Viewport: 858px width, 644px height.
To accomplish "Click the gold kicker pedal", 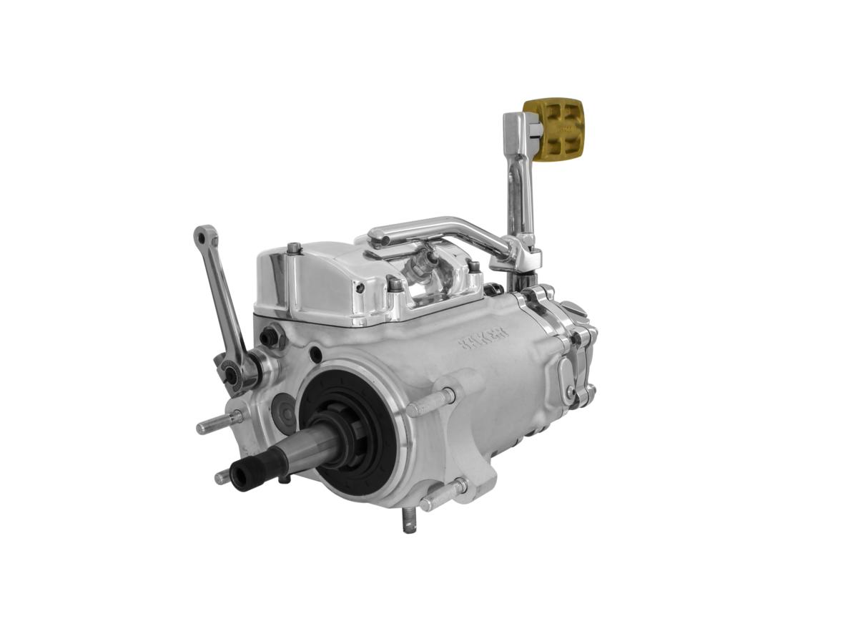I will click(554, 127).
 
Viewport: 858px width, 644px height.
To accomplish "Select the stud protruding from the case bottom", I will click(409, 520).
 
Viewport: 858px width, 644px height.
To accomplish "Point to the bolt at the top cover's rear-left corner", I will click(293, 248).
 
